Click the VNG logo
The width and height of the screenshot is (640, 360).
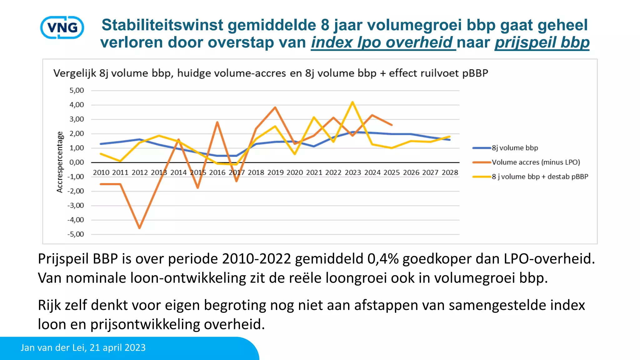pyautogui.click(x=62, y=27)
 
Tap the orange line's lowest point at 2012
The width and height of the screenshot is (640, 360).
pyautogui.click(x=139, y=228)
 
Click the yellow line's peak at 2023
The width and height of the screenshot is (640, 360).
pyautogui.click(x=352, y=102)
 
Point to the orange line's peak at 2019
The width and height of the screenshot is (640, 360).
pyautogui.click(x=275, y=107)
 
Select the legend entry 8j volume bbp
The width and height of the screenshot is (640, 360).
pyautogui.click(x=515, y=148)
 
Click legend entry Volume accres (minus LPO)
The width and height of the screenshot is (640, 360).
pyautogui.click(x=536, y=162)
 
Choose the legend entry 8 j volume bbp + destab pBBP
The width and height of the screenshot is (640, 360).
pyautogui.click(x=540, y=177)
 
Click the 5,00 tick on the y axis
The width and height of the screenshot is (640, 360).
pyautogui.click(x=77, y=91)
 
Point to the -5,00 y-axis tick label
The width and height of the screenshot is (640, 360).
pyautogui.click(x=76, y=234)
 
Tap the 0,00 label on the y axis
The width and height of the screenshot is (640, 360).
pyautogui.click(x=77, y=162)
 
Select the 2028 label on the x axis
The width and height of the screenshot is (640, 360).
pyautogui.click(x=450, y=172)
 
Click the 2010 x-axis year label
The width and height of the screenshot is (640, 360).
pyautogui.click(x=101, y=172)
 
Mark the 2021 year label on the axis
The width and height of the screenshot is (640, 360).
pyautogui.click(x=314, y=172)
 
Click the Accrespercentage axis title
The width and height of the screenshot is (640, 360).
pyautogui.click(x=60, y=162)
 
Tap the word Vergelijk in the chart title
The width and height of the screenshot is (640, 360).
pyautogui.click(x=74, y=73)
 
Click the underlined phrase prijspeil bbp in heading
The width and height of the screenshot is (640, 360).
pyautogui.click(x=542, y=42)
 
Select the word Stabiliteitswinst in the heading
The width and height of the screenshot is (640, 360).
pyautogui.click(x=162, y=25)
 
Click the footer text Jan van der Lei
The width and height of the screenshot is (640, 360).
pyautogui.click(x=53, y=347)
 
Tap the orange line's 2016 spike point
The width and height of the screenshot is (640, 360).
pyautogui.click(x=217, y=122)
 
